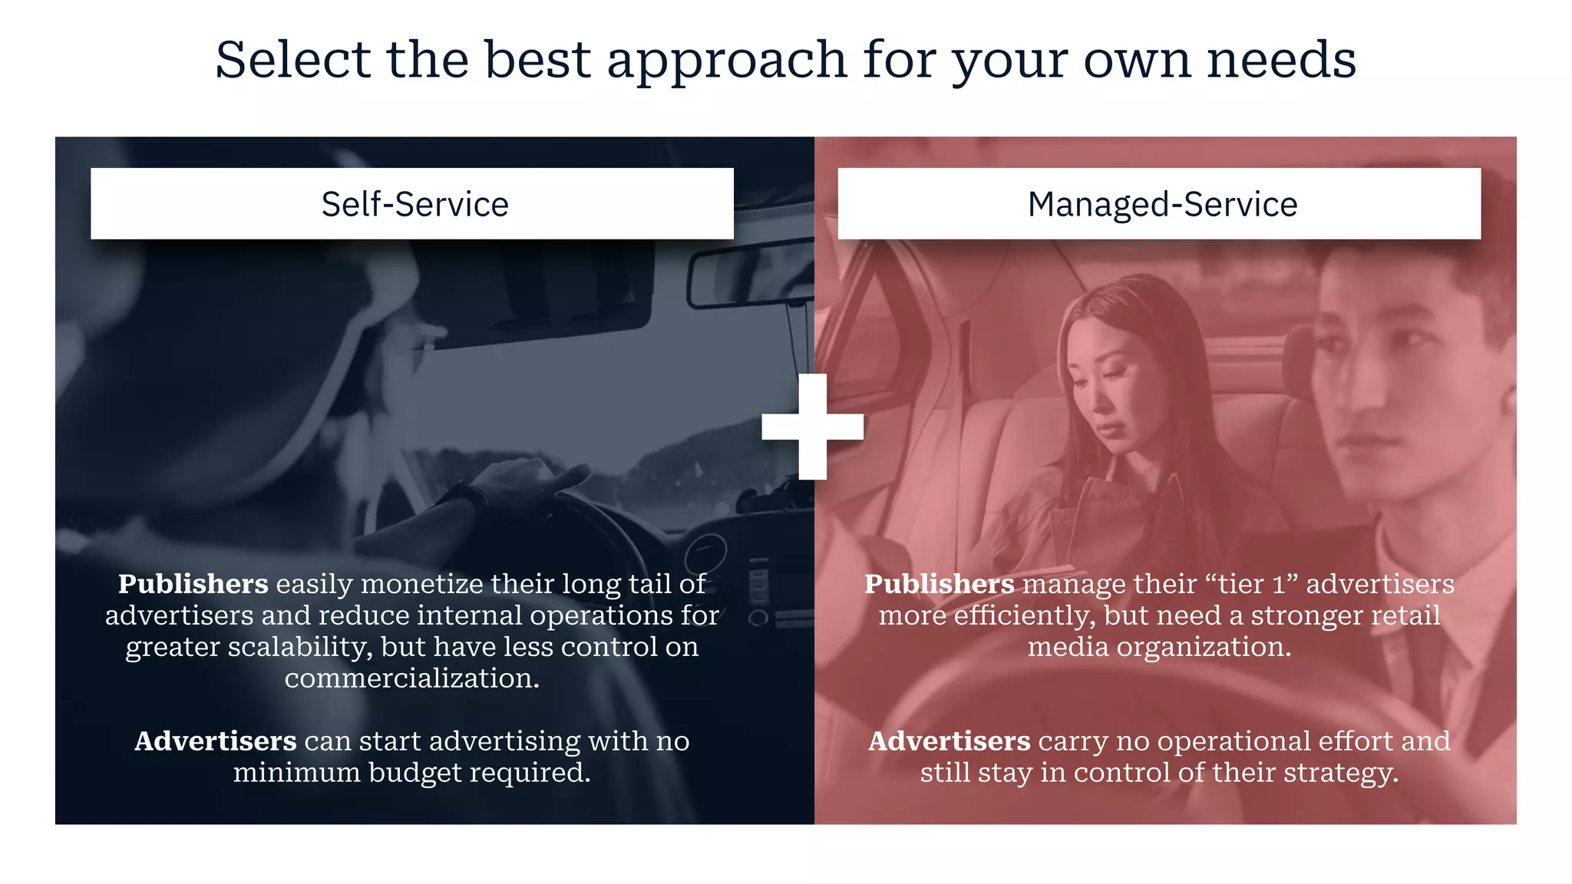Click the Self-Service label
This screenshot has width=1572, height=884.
(x=414, y=204)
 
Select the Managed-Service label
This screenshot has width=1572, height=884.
(x=1162, y=204)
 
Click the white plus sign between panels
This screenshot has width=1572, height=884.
(x=813, y=427)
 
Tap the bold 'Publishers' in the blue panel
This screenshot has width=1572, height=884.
(x=193, y=584)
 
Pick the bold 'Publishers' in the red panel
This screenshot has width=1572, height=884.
(x=939, y=584)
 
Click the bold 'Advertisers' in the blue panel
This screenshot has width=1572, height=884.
(x=215, y=741)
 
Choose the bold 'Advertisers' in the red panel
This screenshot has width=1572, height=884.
(x=949, y=741)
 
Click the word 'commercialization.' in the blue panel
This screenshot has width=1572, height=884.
(x=412, y=678)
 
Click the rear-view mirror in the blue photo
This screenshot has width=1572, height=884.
(x=748, y=273)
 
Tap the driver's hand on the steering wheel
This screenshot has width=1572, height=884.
(x=530, y=480)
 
